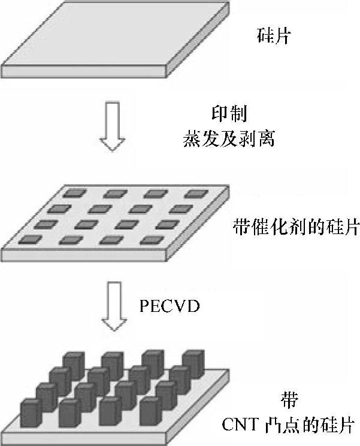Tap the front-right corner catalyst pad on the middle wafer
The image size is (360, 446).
(150, 241)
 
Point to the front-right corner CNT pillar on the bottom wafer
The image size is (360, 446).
(150, 413)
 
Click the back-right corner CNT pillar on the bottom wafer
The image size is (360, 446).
(193, 362)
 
